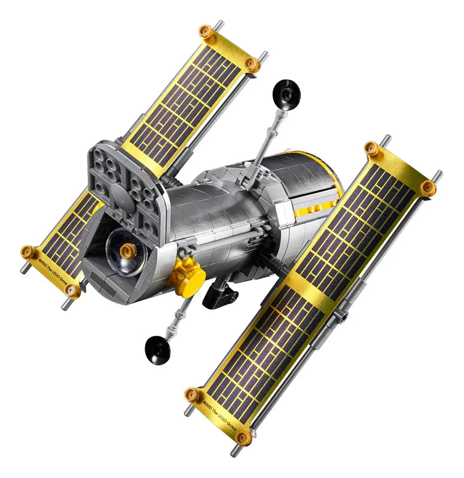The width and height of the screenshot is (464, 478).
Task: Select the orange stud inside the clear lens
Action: (x=126, y=252)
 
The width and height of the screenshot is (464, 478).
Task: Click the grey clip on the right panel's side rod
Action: (x=343, y=315)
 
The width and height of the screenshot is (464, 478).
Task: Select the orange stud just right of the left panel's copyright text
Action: (x=72, y=290)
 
